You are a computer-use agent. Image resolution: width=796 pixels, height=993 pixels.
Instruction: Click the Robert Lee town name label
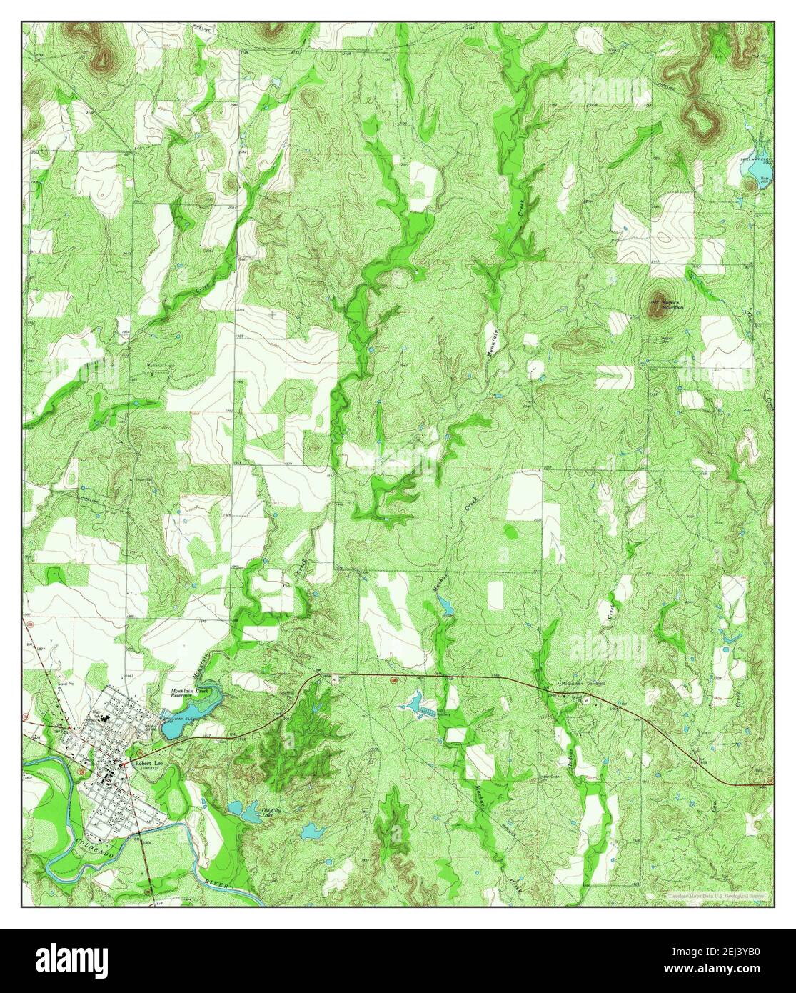click(x=147, y=764)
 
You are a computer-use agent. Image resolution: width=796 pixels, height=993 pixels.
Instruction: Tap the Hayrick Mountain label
click(x=670, y=305)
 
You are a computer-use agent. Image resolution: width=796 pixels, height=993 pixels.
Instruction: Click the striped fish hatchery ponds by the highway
click(x=428, y=712)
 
